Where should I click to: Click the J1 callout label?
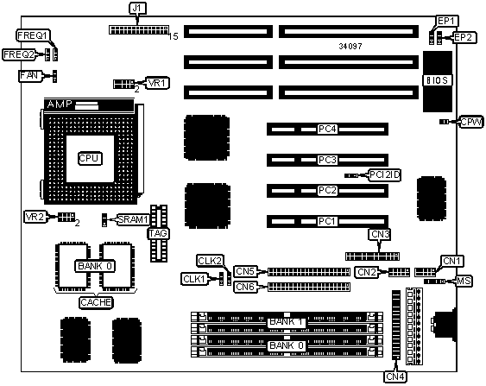137,9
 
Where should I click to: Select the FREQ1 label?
33,35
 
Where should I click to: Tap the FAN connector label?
29,76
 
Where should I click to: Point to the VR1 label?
158,83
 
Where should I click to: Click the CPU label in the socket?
89,158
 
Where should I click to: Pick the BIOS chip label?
437,80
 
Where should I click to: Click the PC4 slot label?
327,129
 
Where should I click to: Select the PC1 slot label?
327,221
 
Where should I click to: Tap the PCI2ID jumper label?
385,175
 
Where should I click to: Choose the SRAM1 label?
133,219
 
